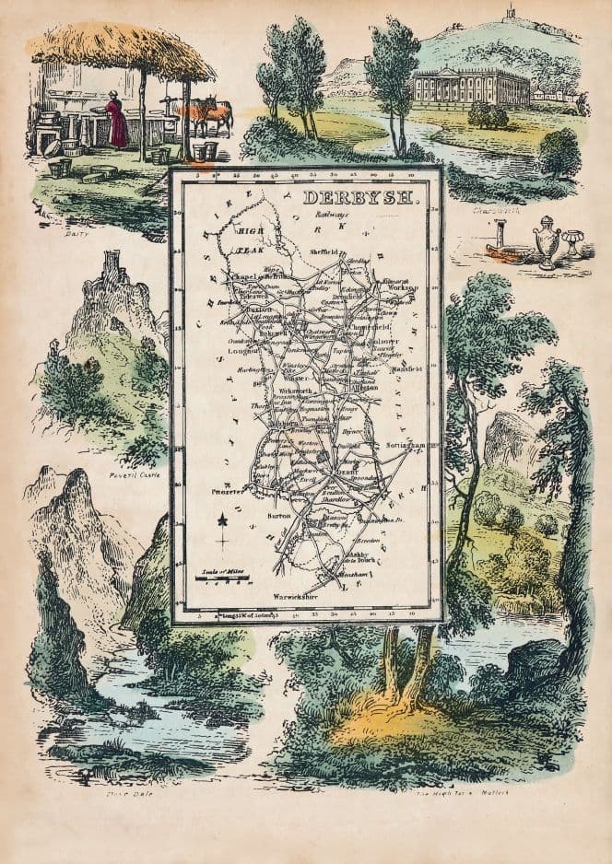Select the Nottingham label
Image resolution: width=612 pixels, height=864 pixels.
(406, 446)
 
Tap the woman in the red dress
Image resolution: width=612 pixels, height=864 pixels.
(116, 122)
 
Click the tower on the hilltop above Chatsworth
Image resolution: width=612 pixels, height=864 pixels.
(509, 13)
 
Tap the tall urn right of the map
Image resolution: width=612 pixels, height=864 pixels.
(547, 242)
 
